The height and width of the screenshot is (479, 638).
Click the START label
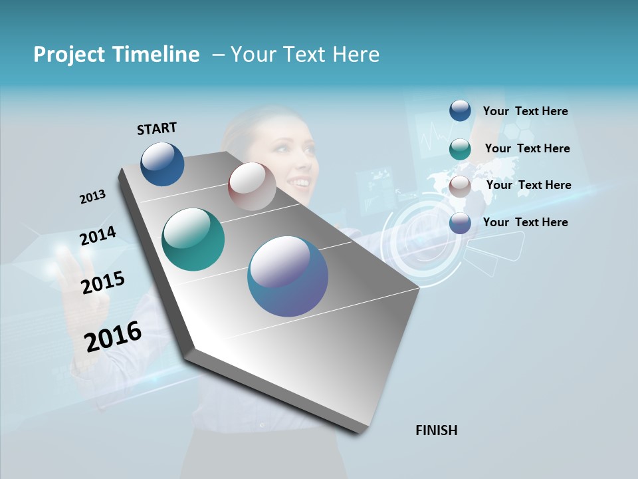(157, 128)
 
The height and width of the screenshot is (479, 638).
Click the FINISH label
(436, 430)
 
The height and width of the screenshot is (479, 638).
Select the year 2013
(92, 197)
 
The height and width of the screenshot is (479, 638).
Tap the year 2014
(98, 236)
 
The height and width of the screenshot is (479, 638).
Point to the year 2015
(103, 283)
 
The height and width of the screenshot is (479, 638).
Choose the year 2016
(113, 336)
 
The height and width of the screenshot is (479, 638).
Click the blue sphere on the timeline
(162, 164)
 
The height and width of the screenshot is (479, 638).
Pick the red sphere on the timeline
(252, 186)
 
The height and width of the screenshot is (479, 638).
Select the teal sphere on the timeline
(193, 239)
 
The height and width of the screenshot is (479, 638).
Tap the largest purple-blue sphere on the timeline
(288, 276)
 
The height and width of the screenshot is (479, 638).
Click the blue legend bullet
(460, 110)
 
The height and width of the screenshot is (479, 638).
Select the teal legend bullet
(460, 149)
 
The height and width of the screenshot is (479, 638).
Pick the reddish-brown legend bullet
(460, 186)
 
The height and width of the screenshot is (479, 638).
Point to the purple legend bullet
(460, 223)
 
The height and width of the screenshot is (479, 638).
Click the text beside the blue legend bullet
(525, 111)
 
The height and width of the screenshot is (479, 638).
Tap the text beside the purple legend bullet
(525, 222)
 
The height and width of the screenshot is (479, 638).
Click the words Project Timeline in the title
(116, 55)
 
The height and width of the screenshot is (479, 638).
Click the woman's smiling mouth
(302, 182)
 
